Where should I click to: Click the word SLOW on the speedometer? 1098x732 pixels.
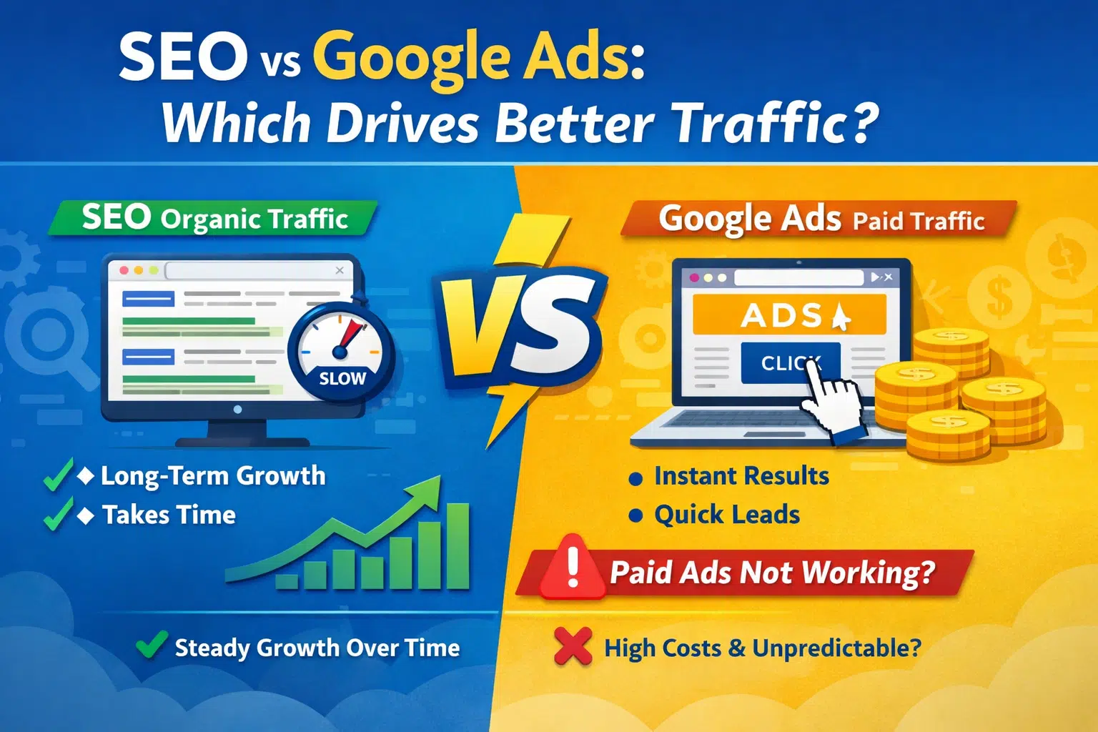tap(342, 378)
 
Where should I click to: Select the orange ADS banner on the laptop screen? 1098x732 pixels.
tap(789, 315)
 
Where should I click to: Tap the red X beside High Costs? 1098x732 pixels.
tap(573, 646)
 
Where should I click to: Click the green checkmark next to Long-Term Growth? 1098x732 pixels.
tap(58, 475)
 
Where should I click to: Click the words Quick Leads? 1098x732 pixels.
tap(727, 515)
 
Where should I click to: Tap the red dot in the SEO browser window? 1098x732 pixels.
tap(124, 270)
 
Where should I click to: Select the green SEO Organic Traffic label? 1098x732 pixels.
tap(213, 218)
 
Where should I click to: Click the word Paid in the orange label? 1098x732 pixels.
tap(879, 222)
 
